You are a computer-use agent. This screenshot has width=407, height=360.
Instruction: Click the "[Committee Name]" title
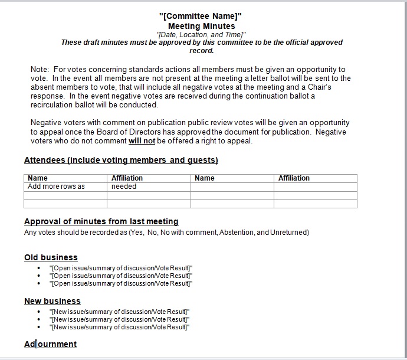(x=201, y=16)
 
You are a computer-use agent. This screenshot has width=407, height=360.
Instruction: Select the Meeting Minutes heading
(x=201, y=26)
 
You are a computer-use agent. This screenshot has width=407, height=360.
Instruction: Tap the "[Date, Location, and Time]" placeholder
(x=201, y=35)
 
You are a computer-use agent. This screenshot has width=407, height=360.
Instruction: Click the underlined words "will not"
(x=142, y=141)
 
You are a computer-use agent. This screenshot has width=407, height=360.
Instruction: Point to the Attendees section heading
(x=121, y=161)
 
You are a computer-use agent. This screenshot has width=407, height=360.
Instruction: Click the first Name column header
(x=38, y=178)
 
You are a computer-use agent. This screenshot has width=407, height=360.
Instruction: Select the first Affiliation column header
(x=127, y=178)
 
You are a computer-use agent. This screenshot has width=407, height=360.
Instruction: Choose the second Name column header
(x=205, y=178)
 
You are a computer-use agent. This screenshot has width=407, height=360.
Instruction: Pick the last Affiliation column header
(x=294, y=178)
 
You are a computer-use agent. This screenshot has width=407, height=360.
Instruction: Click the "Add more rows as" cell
(x=56, y=186)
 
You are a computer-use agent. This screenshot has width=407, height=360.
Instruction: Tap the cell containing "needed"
(x=124, y=186)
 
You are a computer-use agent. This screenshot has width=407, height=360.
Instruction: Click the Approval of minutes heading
(x=101, y=222)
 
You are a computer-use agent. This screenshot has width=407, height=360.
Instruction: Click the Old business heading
(x=51, y=257)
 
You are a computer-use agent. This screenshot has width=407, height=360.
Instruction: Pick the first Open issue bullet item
(x=121, y=268)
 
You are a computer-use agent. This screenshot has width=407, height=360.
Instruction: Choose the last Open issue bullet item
(x=121, y=283)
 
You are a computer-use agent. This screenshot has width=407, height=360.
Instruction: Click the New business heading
(x=52, y=301)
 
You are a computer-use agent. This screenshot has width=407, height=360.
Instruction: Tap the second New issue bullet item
(x=120, y=319)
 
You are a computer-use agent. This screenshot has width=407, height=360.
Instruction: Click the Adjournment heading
(x=50, y=344)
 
